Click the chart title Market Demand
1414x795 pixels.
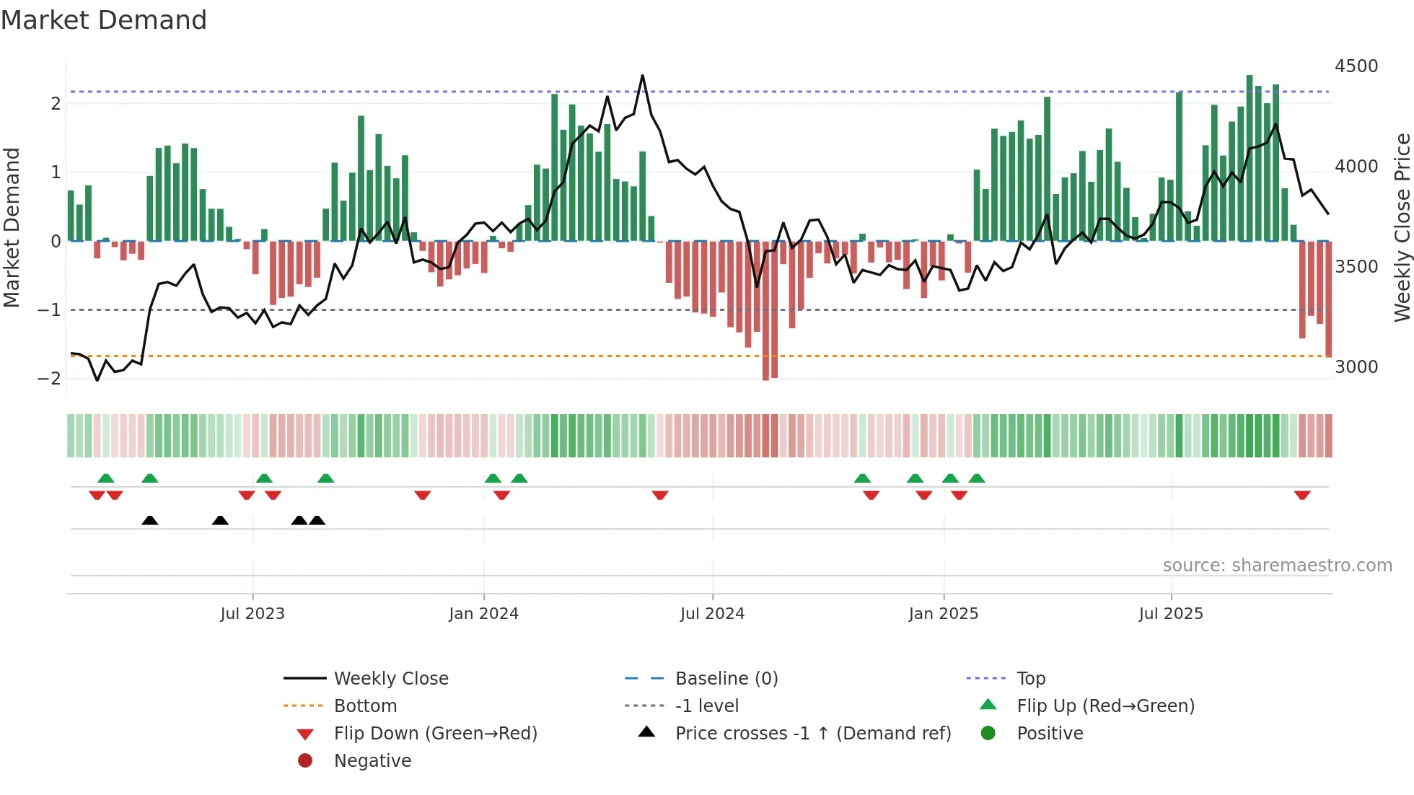(x=104, y=20)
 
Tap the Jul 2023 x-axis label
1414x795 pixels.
(x=252, y=614)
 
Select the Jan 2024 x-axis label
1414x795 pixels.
(x=483, y=614)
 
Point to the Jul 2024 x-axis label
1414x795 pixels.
(x=712, y=614)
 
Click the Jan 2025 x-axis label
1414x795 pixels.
(x=943, y=614)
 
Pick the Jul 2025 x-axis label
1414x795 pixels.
(x=1171, y=614)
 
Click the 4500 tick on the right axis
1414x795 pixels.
(x=1356, y=66)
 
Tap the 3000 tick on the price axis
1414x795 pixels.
(x=1356, y=367)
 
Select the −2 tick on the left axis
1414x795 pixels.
(x=49, y=379)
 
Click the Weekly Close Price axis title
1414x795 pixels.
(x=1402, y=227)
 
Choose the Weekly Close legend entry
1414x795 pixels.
(x=390, y=679)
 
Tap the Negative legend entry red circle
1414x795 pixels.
(x=305, y=761)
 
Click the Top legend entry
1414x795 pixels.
(x=1030, y=679)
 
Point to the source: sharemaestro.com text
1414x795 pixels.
(x=1277, y=566)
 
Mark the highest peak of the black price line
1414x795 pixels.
(x=642, y=76)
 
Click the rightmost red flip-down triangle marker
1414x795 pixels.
(x=1302, y=495)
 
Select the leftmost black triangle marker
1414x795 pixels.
(x=150, y=521)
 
